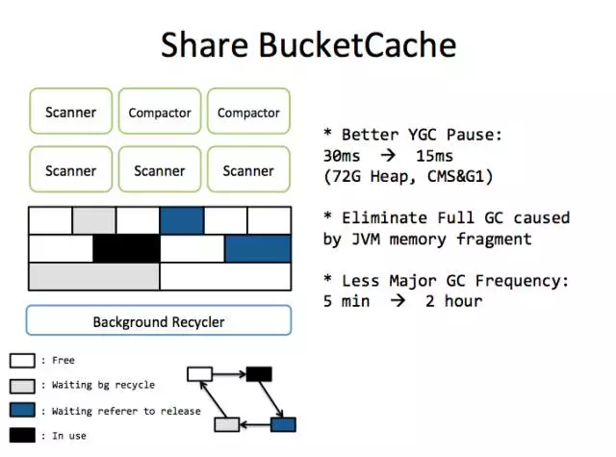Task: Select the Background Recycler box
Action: click(x=159, y=321)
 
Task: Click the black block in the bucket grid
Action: click(x=126, y=248)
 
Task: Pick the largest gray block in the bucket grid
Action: click(x=94, y=276)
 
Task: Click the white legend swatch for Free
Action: click(x=23, y=361)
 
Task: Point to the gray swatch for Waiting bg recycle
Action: click(x=23, y=385)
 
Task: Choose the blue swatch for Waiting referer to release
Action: click(x=23, y=410)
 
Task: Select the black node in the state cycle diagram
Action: click(x=259, y=373)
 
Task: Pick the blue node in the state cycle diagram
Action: click(x=283, y=424)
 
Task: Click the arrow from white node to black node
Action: click(x=229, y=373)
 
